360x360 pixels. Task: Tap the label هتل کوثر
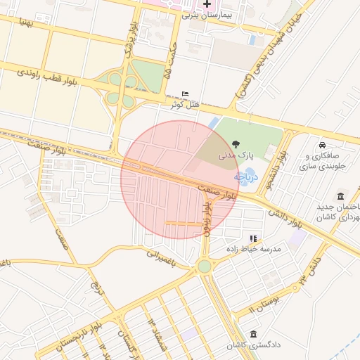pyautogui.click(x=186, y=105)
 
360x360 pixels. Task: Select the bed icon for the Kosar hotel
pyautogui.click(x=185, y=94)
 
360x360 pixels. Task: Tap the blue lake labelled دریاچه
pyautogui.click(x=250, y=176)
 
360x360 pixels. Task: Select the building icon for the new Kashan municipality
pyautogui.click(x=341, y=195)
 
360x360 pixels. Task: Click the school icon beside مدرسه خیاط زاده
pyautogui.click(x=253, y=238)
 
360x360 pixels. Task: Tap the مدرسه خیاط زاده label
pyautogui.click(x=253, y=250)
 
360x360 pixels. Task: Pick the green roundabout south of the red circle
pyautogui.click(x=205, y=266)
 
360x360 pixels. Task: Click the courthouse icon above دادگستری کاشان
pyautogui.click(x=252, y=334)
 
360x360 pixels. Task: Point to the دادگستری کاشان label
pyautogui.click(x=252, y=345)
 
